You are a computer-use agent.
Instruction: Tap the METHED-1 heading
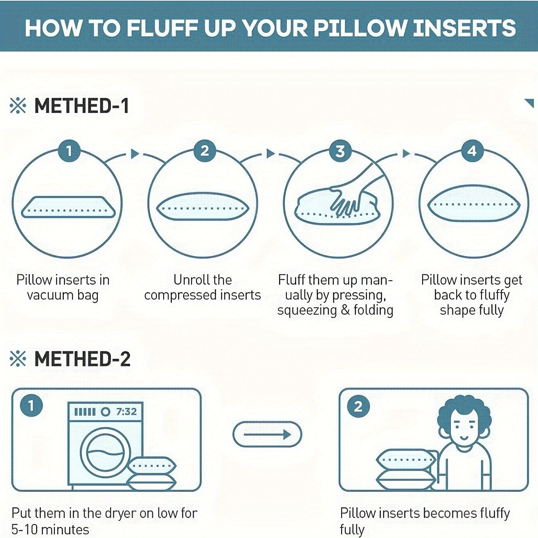[81, 106]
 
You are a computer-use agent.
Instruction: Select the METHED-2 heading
[82, 359]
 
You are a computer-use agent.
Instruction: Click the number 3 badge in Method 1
[340, 151]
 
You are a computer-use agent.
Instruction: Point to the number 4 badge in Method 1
[472, 151]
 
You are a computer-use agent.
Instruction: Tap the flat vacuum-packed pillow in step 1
[68, 207]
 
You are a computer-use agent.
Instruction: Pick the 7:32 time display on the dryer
[126, 412]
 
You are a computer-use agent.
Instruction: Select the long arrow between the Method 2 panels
[267, 434]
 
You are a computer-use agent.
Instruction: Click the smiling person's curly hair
[464, 410]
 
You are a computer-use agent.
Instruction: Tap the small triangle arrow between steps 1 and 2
[135, 153]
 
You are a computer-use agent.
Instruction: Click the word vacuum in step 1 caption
[50, 295]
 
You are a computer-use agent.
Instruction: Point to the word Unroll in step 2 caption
[189, 280]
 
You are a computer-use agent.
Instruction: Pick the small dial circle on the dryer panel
[105, 412]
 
